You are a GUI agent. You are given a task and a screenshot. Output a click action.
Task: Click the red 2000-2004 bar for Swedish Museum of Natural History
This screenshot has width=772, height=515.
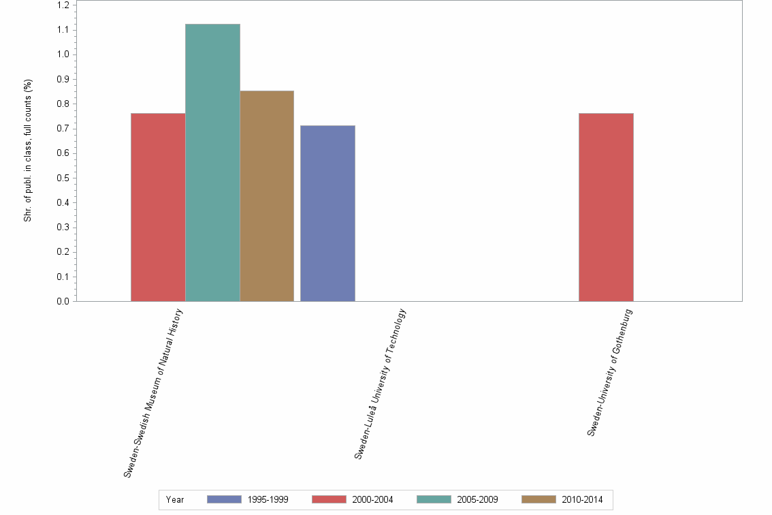[x=158, y=207]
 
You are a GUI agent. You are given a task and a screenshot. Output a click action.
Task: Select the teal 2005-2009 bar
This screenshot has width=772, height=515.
[x=212, y=163]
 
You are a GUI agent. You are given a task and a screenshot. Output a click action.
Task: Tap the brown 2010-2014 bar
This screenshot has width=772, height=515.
[x=267, y=196]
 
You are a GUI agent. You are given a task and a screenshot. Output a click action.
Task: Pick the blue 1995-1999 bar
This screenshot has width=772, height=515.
[x=327, y=213]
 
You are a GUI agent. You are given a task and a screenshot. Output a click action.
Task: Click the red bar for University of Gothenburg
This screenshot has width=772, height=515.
[x=606, y=207]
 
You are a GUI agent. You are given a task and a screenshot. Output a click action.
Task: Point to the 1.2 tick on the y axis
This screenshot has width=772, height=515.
[x=63, y=5]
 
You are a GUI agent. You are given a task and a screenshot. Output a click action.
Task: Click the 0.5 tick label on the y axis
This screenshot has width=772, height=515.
[x=63, y=178]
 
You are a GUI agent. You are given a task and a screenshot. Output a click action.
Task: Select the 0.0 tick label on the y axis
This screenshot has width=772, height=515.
[x=63, y=302]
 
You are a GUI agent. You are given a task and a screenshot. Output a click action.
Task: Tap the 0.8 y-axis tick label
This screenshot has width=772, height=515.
[x=63, y=104]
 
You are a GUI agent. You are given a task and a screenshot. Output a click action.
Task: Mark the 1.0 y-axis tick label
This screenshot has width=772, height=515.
[x=63, y=54]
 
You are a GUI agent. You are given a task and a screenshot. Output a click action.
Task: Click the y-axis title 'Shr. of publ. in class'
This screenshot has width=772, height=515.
[x=28, y=151]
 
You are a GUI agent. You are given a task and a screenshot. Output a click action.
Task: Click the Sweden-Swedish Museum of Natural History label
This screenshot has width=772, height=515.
[x=154, y=392]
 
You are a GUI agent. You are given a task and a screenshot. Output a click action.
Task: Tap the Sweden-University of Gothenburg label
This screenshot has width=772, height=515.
[x=611, y=372]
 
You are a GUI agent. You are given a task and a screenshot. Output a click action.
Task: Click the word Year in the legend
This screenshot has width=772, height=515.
[x=175, y=500]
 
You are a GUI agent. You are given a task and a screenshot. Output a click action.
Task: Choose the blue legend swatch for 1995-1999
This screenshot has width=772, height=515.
[x=224, y=499]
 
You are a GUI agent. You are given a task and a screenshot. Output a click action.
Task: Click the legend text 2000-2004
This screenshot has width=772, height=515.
[x=372, y=500]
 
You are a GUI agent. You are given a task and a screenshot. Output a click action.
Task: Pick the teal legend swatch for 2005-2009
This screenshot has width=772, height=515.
[x=434, y=499]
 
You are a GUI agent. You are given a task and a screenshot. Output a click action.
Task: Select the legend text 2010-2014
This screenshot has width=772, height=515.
[x=582, y=500]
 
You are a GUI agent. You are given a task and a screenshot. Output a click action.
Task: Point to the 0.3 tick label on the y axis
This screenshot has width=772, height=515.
[x=63, y=228]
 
